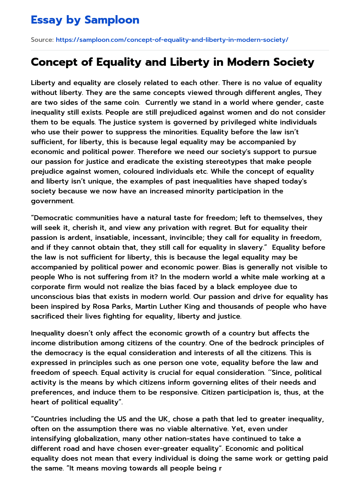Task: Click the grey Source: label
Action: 42,40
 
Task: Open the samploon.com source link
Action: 172,40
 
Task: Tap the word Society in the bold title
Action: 291,62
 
